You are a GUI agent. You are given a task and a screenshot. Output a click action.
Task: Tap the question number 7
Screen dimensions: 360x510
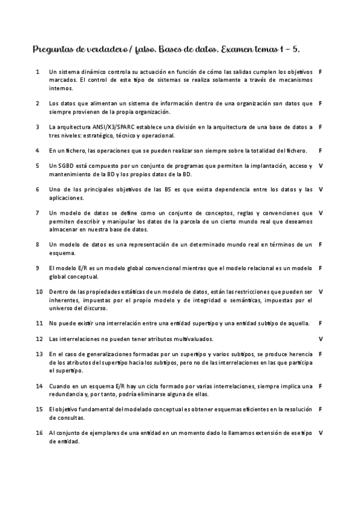38,212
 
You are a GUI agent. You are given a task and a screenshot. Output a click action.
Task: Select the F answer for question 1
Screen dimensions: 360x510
320,72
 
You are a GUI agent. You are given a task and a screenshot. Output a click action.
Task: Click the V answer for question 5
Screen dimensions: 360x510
320,165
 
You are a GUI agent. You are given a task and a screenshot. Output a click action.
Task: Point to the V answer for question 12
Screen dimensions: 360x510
320,339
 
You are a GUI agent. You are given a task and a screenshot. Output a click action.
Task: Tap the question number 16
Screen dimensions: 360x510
39,432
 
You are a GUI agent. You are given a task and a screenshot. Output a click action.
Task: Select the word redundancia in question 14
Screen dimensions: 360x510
69,394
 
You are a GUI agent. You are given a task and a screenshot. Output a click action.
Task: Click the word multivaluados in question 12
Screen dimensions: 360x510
185,339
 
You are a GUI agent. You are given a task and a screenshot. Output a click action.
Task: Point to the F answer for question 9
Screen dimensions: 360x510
320,268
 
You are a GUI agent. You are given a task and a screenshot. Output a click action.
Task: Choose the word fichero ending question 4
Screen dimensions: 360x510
294,150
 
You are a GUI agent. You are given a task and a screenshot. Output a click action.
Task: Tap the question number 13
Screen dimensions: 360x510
39,354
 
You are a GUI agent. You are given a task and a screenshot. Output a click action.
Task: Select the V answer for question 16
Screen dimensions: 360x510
320,432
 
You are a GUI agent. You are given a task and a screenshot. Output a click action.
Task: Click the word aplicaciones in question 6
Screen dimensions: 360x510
67,197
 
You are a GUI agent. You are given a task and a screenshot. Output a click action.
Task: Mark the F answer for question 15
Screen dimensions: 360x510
320,409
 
